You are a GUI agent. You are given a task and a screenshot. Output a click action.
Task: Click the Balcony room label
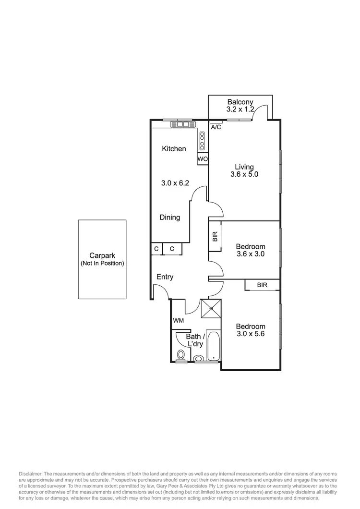click(x=240, y=102)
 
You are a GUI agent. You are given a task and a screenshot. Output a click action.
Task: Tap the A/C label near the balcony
click(x=216, y=127)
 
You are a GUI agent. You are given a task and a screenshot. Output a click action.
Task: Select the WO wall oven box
click(x=202, y=158)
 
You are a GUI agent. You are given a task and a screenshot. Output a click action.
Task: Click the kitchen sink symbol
click(x=183, y=124)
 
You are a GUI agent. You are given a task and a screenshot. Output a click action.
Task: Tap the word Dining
click(x=170, y=218)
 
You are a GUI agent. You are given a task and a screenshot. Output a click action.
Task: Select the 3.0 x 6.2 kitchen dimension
click(x=173, y=183)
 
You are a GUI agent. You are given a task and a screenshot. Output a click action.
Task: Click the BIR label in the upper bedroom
click(x=215, y=236)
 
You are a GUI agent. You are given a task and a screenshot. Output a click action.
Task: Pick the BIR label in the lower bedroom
click(x=262, y=285)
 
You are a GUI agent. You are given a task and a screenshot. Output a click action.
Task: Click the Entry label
click(x=165, y=277)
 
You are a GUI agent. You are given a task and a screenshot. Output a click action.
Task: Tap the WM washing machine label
click(x=178, y=320)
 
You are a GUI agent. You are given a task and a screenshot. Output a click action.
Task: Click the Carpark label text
click(x=102, y=256)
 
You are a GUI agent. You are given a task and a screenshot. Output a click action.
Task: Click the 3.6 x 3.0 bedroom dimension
click(x=250, y=254)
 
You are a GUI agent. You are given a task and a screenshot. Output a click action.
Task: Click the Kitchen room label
click(x=174, y=149)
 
